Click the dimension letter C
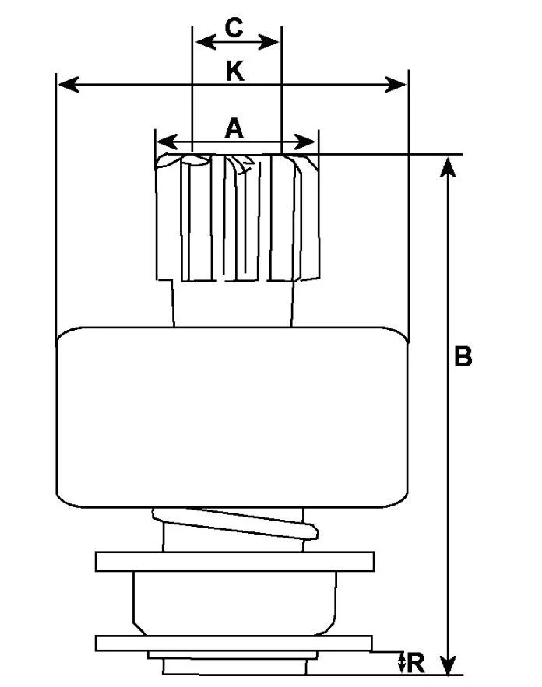[x=234, y=28]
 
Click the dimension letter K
[x=234, y=72]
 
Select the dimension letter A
[x=234, y=128]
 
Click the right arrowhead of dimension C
[x=269, y=43]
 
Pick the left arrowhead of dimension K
[x=69, y=84]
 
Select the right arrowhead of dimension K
[x=396, y=84]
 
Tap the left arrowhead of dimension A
[x=167, y=142]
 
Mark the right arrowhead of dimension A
[x=305, y=142]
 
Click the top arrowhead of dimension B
[x=447, y=167]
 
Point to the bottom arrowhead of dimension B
[x=447, y=664]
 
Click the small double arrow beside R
[x=401, y=662]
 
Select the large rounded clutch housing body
[x=233, y=417]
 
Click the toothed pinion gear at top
[x=238, y=217]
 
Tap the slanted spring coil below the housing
[x=235, y=523]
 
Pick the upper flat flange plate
[x=234, y=561]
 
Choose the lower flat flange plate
[x=234, y=643]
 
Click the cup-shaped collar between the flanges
[x=235, y=603]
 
